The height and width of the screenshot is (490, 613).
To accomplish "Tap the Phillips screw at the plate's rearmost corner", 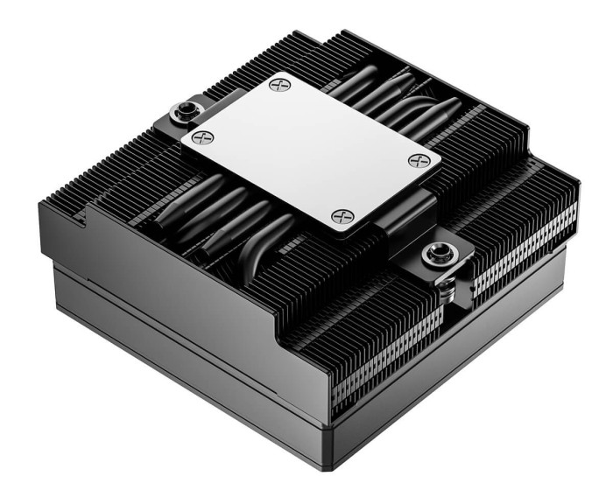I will pyautogui.click(x=279, y=85).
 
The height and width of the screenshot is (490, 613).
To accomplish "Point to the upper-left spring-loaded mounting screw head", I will pyautogui.click(x=187, y=111).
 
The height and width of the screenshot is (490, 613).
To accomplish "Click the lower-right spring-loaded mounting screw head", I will pyautogui.click(x=435, y=255).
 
